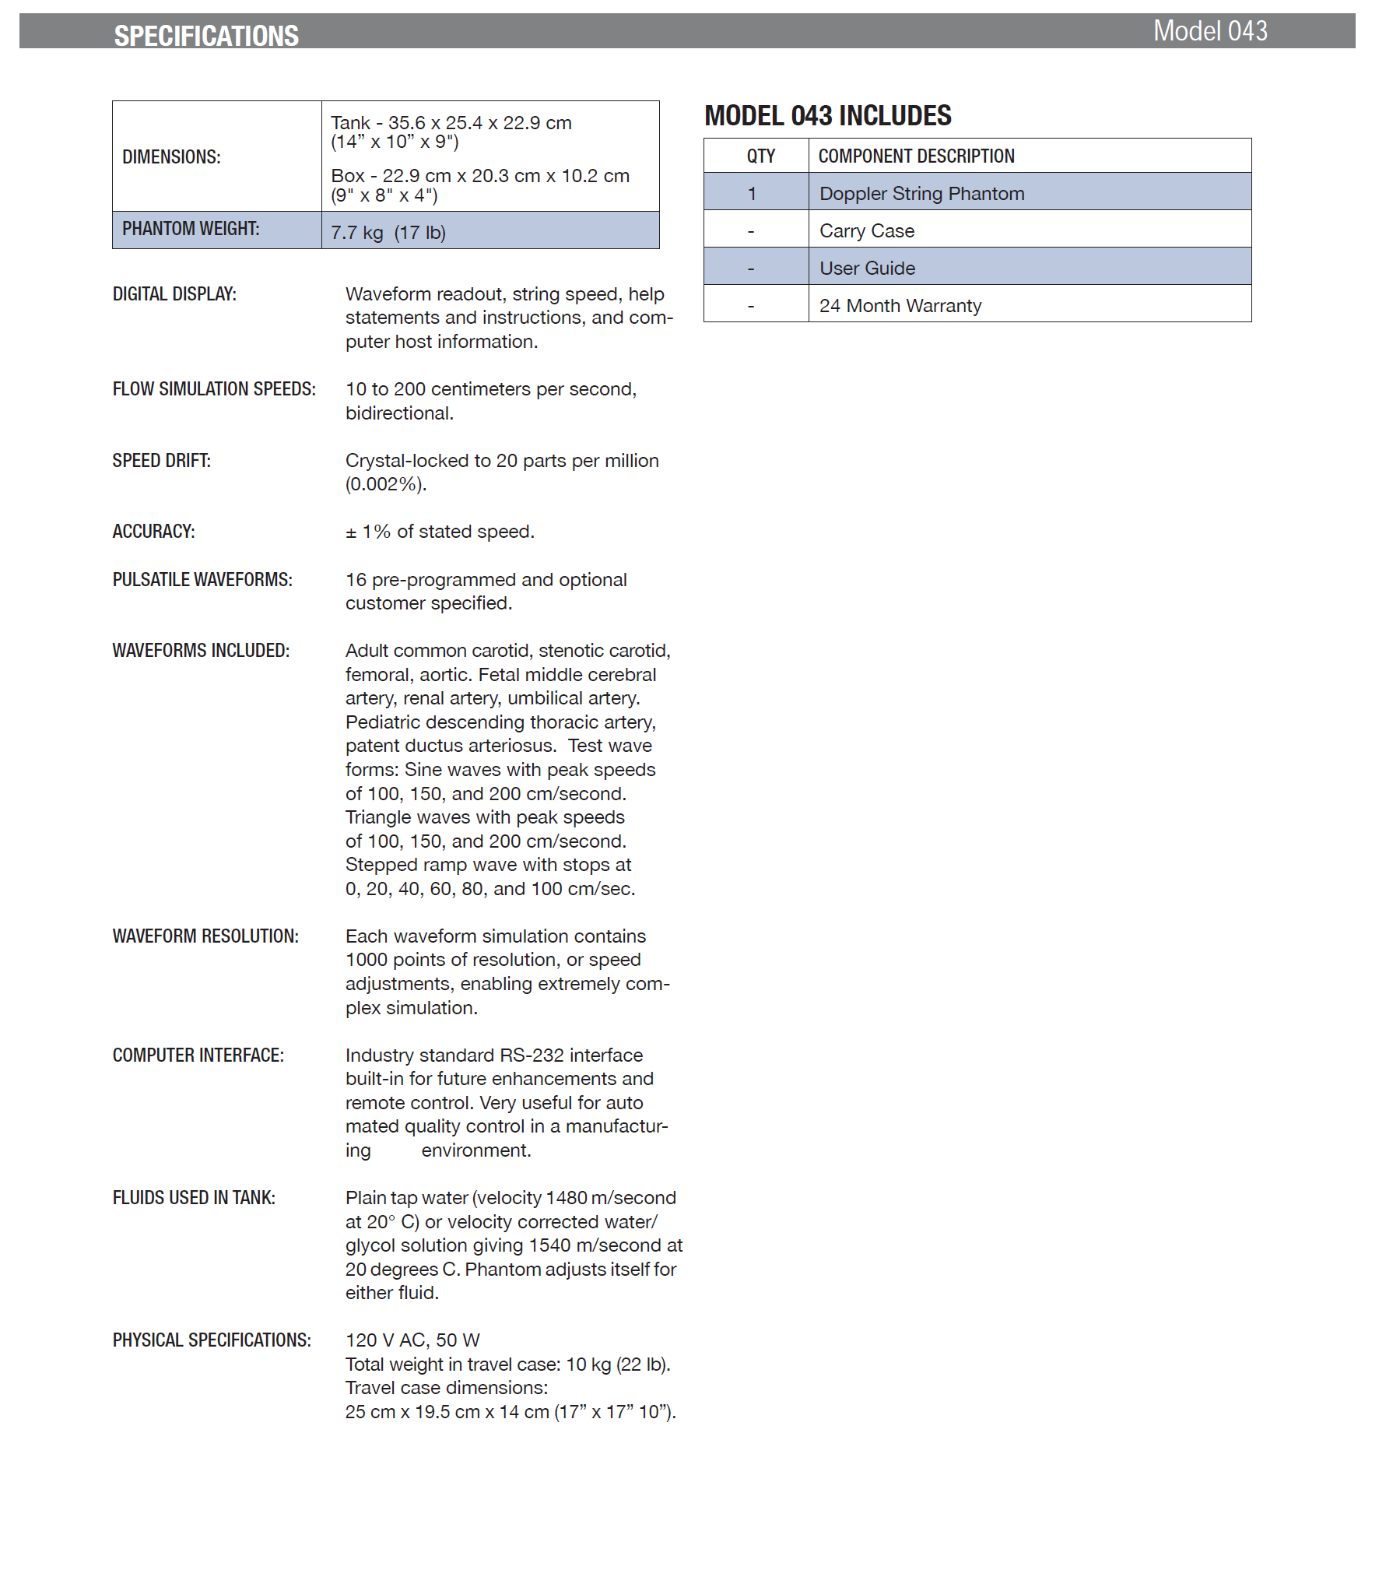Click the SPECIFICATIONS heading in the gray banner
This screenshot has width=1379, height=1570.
point(206,36)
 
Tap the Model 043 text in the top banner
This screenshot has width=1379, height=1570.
point(1209,31)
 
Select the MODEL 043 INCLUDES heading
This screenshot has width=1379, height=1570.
point(827,116)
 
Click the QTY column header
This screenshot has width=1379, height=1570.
point(760,156)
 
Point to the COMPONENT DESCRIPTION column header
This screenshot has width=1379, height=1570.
point(916,156)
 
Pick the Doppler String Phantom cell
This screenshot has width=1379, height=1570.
point(921,194)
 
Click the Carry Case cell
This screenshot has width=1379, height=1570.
point(866,231)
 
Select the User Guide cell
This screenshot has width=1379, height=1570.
point(867,269)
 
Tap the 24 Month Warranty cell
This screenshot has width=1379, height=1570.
point(900,306)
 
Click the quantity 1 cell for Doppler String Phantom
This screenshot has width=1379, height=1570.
point(752,194)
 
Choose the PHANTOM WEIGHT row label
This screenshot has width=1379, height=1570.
point(191,229)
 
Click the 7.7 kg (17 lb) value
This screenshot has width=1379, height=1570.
point(388,233)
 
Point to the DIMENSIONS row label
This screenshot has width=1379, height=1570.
point(171,157)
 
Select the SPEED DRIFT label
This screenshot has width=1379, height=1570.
point(161,461)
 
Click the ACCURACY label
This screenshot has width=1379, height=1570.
point(153,532)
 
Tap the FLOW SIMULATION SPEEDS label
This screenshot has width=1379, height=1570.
point(214,389)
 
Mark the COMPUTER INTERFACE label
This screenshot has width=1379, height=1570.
point(198,1055)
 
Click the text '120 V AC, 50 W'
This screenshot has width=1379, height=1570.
point(412,1340)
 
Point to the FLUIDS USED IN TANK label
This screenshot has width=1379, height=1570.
point(194,1198)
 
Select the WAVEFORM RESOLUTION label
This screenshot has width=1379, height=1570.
point(205,936)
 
